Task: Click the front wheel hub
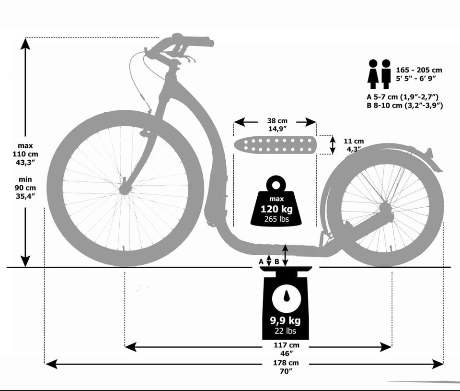pyautogui.click(x=125, y=189)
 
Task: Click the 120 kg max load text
pyautogui.click(x=276, y=209)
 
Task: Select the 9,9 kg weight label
pyautogui.click(x=286, y=320)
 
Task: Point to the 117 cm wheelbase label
pyautogui.click(x=286, y=345)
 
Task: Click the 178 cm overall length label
pyautogui.click(x=286, y=363)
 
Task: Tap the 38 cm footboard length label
pyautogui.click(x=277, y=121)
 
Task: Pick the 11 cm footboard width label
pyautogui.click(x=354, y=142)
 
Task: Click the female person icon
pyautogui.click(x=373, y=74)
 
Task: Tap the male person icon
pyautogui.click(x=386, y=74)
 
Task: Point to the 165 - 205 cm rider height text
pyautogui.click(x=419, y=70)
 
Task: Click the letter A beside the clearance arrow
pyautogui.click(x=261, y=261)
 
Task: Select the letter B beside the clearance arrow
pyautogui.click(x=276, y=261)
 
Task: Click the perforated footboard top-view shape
pyautogui.click(x=275, y=145)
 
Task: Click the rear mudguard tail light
pyautogui.click(x=430, y=153)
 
